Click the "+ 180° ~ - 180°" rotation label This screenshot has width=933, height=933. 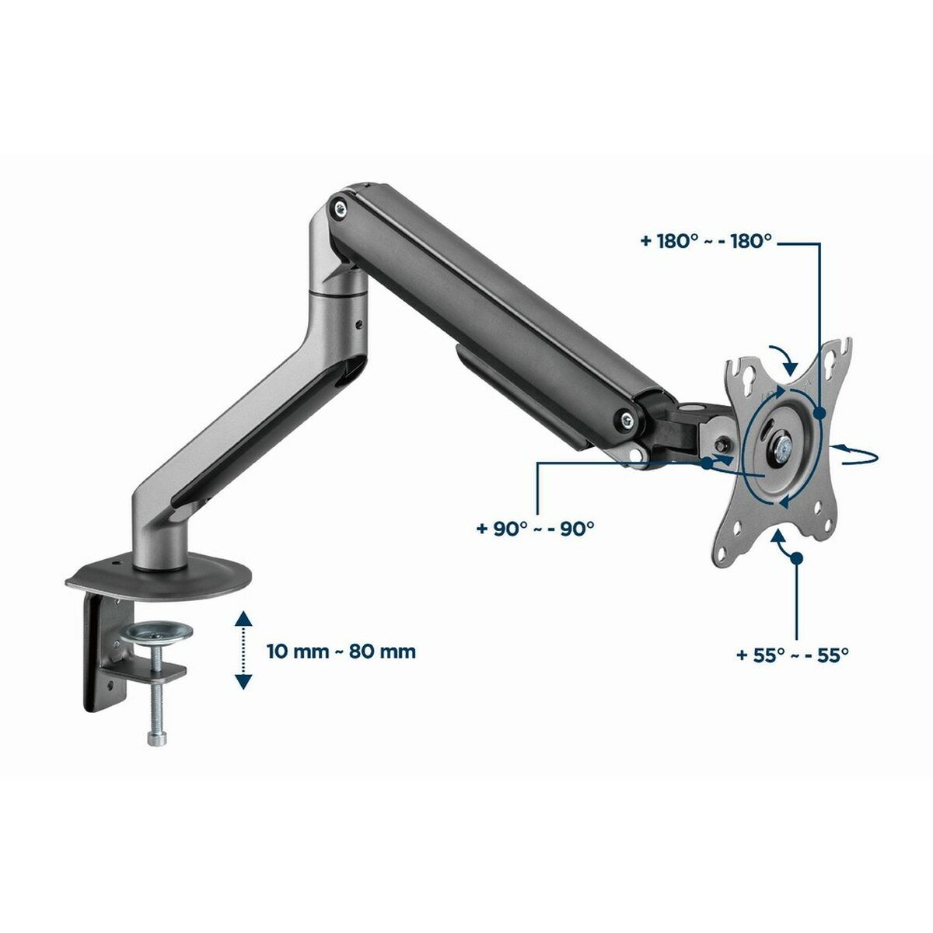(x=706, y=242)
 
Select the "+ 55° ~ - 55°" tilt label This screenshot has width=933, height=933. (x=791, y=655)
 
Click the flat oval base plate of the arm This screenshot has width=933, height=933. (x=160, y=574)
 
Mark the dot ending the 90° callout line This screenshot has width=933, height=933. (x=705, y=463)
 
